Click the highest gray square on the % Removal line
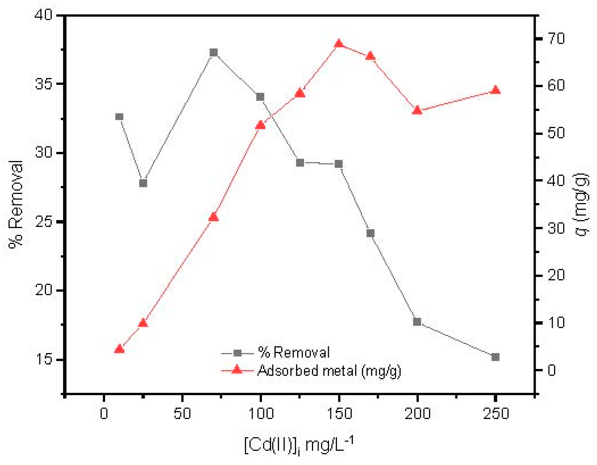tap(214, 52)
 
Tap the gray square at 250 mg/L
tap(495, 357)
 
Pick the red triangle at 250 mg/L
tap(496, 90)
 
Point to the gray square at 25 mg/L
tap(143, 183)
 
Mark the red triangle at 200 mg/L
tap(417, 110)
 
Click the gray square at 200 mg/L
tap(417, 322)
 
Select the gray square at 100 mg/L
tap(260, 97)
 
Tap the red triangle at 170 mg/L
tap(370, 56)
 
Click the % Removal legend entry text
tap(294, 352)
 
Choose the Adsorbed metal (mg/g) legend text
tap(329, 371)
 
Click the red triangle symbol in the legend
tap(237, 370)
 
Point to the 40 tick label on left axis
tap(44, 15)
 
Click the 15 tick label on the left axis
tap(44, 359)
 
